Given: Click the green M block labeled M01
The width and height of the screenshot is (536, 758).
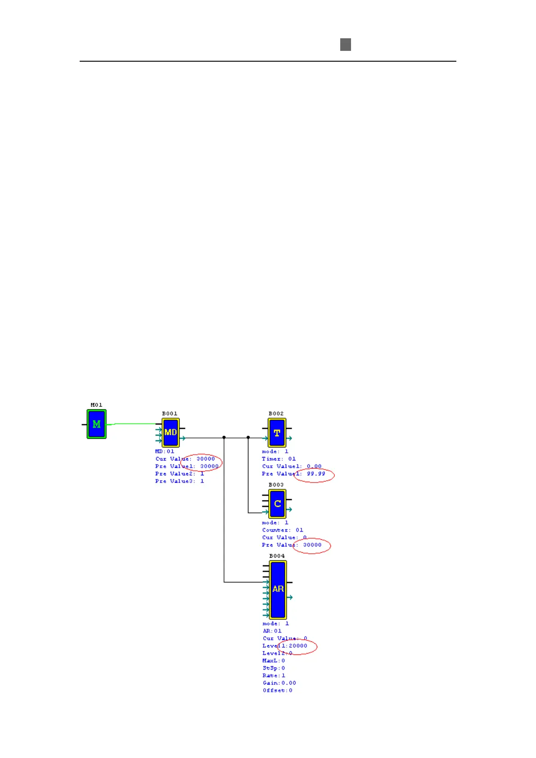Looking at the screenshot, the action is [96, 424].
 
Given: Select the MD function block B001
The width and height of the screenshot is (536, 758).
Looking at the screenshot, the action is [171, 432].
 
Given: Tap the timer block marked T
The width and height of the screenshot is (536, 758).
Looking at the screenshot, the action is [277, 433].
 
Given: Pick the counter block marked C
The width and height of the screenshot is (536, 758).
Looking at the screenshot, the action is [277, 504].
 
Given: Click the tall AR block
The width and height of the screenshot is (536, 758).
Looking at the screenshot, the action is [278, 589].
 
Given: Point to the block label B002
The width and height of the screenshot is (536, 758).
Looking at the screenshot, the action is [276, 414].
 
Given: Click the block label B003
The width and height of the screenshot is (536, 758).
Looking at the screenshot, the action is [276, 485].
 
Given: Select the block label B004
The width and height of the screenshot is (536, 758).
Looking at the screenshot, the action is [277, 556].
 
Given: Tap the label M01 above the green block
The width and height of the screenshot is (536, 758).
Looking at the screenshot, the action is [96, 405].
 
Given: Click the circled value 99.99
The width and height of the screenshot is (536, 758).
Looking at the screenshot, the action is [316, 474].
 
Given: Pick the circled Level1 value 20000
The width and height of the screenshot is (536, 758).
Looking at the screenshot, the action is [298, 646].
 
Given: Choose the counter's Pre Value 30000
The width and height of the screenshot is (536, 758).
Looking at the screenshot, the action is [312, 545].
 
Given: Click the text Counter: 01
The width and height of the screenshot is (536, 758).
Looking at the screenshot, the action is [283, 530].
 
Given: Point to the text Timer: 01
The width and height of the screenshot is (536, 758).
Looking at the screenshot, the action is [279, 459].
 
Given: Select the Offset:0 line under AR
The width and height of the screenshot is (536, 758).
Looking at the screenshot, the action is [278, 690].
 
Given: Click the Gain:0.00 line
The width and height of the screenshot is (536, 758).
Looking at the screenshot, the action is [279, 683].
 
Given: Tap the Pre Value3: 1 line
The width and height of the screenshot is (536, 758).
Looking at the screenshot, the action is [180, 481].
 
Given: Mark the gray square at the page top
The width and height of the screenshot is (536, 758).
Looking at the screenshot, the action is [345, 45].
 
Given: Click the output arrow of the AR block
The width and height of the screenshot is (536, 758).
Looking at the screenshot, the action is [290, 597].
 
